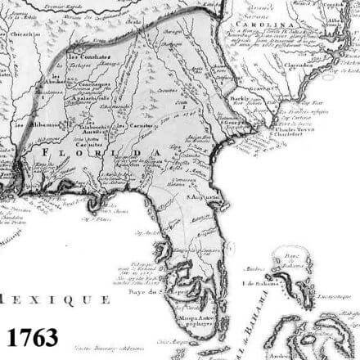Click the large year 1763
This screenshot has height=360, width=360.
tap(33, 336)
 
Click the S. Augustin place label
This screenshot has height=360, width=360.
tap(204, 197)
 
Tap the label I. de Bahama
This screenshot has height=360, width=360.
tap(266, 283)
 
